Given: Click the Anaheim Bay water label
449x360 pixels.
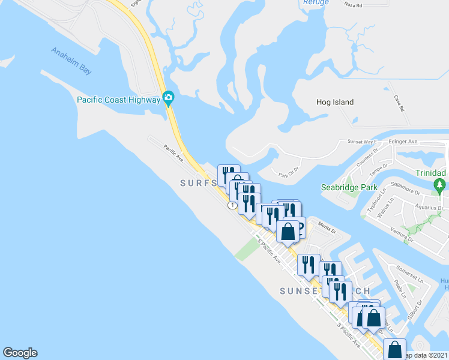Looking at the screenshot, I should pyautogui.click(x=71, y=61).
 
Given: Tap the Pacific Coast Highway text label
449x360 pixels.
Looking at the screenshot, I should pyautogui.click(x=118, y=100).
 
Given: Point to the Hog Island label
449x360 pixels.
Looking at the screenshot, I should pyautogui.click(x=335, y=102).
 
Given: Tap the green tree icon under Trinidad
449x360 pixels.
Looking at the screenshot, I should pyautogui.click(x=441, y=186).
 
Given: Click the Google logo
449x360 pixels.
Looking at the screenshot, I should pyautogui.click(x=20, y=353).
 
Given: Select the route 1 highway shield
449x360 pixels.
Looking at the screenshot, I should pyautogui.click(x=232, y=206).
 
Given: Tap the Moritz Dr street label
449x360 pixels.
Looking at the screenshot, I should pyautogui.click(x=327, y=229).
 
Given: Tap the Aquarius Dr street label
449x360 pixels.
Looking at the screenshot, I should pyautogui.click(x=431, y=208).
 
